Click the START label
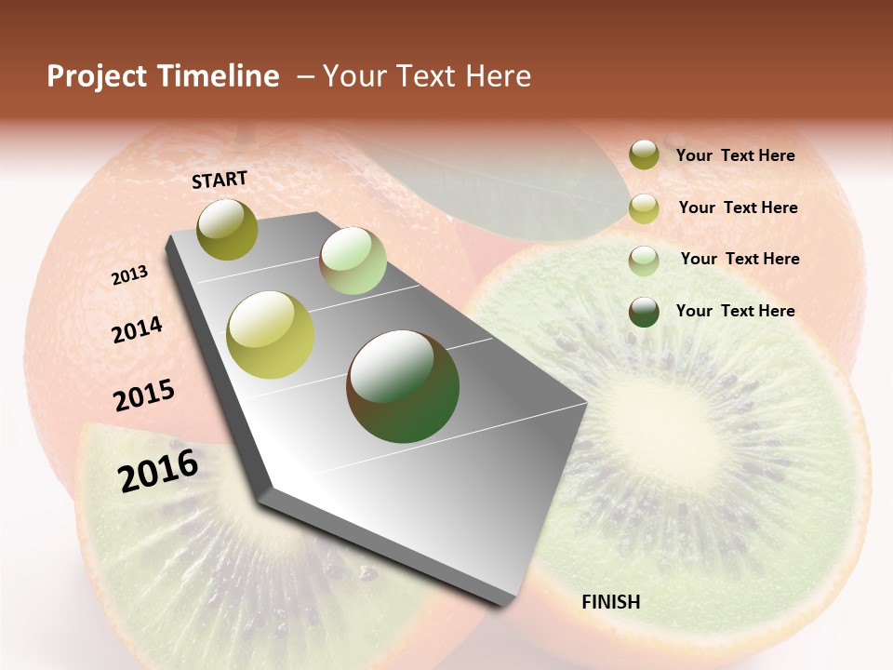pos(220,180)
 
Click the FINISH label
pos(610,602)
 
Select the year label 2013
pos(129,275)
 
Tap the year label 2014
pos(137,329)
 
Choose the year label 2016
pos(158,471)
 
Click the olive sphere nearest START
pos(228,229)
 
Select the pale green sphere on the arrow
pos(353,261)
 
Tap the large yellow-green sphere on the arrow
pos(271,335)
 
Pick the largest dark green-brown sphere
pos(403,385)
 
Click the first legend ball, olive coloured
pos(644,154)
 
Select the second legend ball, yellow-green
pos(644,208)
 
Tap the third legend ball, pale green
pos(644,261)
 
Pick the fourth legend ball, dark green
pos(644,312)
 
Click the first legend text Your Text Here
pos(735,155)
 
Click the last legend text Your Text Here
pos(735,311)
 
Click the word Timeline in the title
pos(219,76)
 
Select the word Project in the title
pos(98,76)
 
